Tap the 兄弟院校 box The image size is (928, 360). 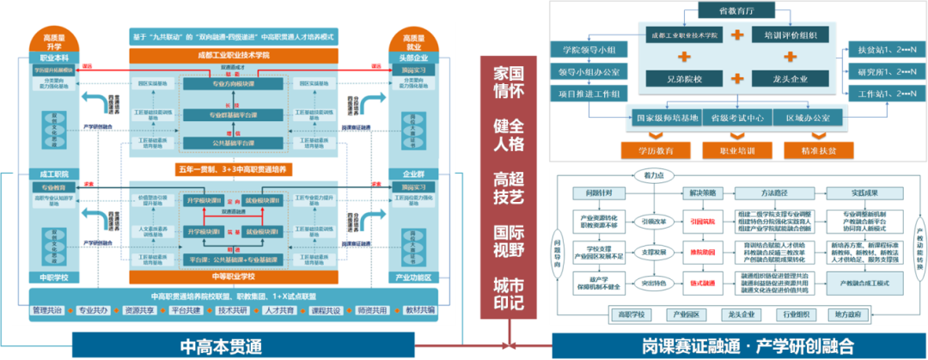tap(676, 78)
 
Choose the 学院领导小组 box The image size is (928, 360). tap(583, 51)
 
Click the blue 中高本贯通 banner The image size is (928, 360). tap(226, 346)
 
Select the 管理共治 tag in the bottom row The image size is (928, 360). tap(48, 309)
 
